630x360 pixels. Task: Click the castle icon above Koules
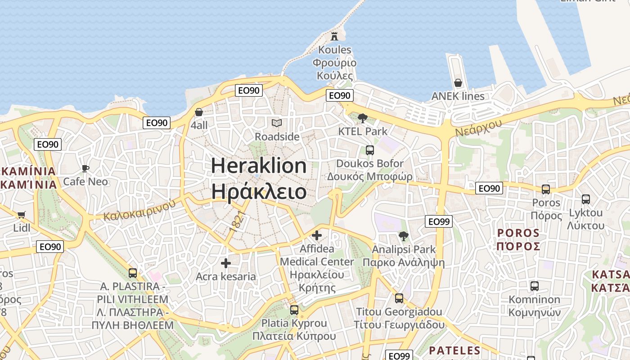pos(334,36)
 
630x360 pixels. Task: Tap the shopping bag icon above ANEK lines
pos(458,83)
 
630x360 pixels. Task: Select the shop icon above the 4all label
pos(199,112)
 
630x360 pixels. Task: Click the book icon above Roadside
pos(277,123)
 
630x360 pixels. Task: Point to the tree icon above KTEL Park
pos(362,118)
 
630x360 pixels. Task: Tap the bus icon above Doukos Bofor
pos(369,150)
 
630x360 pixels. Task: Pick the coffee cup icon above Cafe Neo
pos(85,169)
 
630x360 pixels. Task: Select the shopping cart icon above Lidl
pos(21,215)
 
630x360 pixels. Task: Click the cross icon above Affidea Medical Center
pos(317,235)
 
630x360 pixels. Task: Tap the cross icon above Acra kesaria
pos(226,263)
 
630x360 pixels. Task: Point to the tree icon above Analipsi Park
pos(404,236)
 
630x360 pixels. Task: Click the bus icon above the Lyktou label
pos(585,199)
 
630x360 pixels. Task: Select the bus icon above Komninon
pos(534,286)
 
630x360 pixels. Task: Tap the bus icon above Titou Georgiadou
pos(399,298)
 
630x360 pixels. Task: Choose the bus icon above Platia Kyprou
pos(294,310)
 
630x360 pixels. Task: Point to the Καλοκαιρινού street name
pos(139,210)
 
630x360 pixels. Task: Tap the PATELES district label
pos(454,351)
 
